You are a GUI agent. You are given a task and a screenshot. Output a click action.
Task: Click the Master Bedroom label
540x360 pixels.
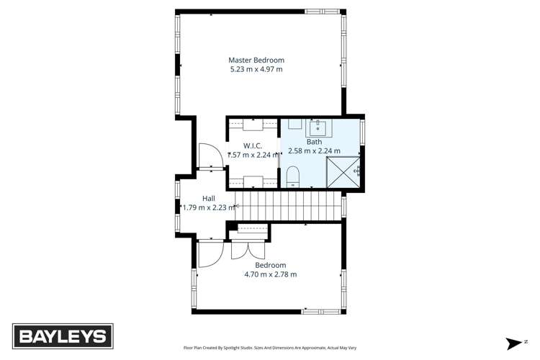click(x=256, y=60)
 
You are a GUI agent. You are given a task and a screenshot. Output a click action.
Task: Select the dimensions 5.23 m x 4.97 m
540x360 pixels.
click(x=256, y=69)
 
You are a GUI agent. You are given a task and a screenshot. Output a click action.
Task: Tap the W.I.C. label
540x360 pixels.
click(x=242, y=145)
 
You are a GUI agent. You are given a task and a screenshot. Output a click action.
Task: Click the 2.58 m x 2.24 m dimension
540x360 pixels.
click(x=314, y=151)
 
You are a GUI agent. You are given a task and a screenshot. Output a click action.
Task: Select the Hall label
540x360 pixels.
click(x=208, y=198)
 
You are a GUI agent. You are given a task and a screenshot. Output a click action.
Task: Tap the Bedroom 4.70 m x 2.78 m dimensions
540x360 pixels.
click(x=271, y=274)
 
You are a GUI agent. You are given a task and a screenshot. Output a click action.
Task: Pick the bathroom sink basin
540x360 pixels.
click(x=318, y=128)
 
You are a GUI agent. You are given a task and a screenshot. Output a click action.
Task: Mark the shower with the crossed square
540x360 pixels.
click(x=343, y=171)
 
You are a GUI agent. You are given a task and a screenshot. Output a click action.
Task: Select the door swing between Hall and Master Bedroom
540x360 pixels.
click(x=209, y=157)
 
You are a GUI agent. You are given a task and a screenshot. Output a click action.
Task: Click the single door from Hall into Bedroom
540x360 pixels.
click(x=210, y=253)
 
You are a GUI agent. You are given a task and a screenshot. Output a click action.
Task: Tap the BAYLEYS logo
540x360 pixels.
click(x=62, y=336)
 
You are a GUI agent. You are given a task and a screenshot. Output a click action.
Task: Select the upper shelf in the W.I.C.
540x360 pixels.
click(x=253, y=125)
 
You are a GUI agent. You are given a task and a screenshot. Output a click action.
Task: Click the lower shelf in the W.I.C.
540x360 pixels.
click(x=253, y=181)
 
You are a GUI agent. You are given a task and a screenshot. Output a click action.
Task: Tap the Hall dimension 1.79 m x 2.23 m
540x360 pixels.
click(x=208, y=207)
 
